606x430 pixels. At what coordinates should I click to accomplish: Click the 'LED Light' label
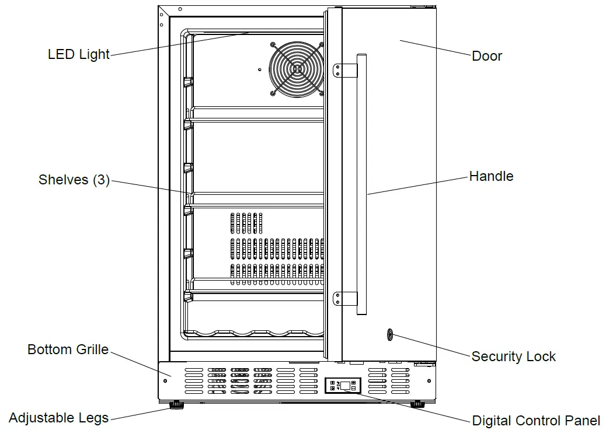coord(78,55)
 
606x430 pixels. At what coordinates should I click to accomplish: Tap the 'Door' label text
coord(486,57)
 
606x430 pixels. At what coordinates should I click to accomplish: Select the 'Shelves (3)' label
coord(74,180)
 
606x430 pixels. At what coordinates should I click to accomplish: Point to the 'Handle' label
coord(491,176)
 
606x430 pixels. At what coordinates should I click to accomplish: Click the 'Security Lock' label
coord(513,356)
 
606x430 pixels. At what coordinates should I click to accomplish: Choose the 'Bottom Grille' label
coord(68,350)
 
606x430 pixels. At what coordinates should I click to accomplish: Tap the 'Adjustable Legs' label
coord(58,418)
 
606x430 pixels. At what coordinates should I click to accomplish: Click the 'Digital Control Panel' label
coord(535,421)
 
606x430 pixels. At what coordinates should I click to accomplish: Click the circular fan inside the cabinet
coord(297,69)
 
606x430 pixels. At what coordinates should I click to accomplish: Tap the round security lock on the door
coord(389,335)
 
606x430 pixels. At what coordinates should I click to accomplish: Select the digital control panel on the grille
coord(343,385)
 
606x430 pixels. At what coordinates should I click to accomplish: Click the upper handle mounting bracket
coord(344,71)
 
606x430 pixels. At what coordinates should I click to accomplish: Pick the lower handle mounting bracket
coord(344,299)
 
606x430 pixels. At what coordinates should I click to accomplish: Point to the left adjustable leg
coord(174,404)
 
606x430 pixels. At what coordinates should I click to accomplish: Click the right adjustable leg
coord(417,404)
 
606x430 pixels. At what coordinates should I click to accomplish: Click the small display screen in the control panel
coord(346,385)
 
